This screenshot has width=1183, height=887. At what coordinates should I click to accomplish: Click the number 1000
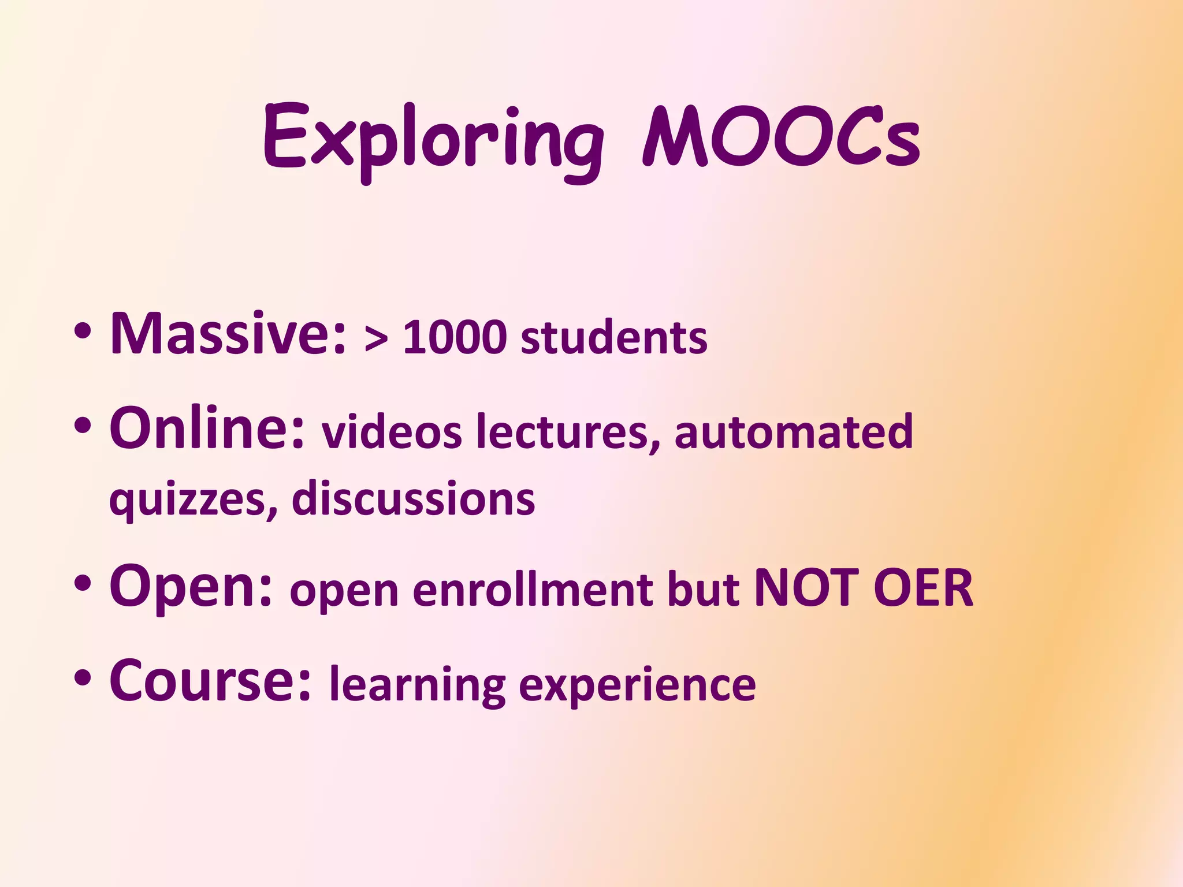pyautogui.click(x=455, y=337)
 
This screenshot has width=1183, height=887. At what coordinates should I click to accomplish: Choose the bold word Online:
pyautogui.click(x=207, y=428)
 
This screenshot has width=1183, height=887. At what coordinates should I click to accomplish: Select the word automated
pyautogui.click(x=794, y=432)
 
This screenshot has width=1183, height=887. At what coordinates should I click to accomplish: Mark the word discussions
pyautogui.click(x=414, y=498)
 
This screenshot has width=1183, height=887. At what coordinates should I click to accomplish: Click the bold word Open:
pyautogui.click(x=191, y=586)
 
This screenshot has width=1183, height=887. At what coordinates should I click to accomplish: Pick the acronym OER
pyautogui.click(x=923, y=588)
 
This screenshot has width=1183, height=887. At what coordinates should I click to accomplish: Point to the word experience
pyautogui.click(x=637, y=686)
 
